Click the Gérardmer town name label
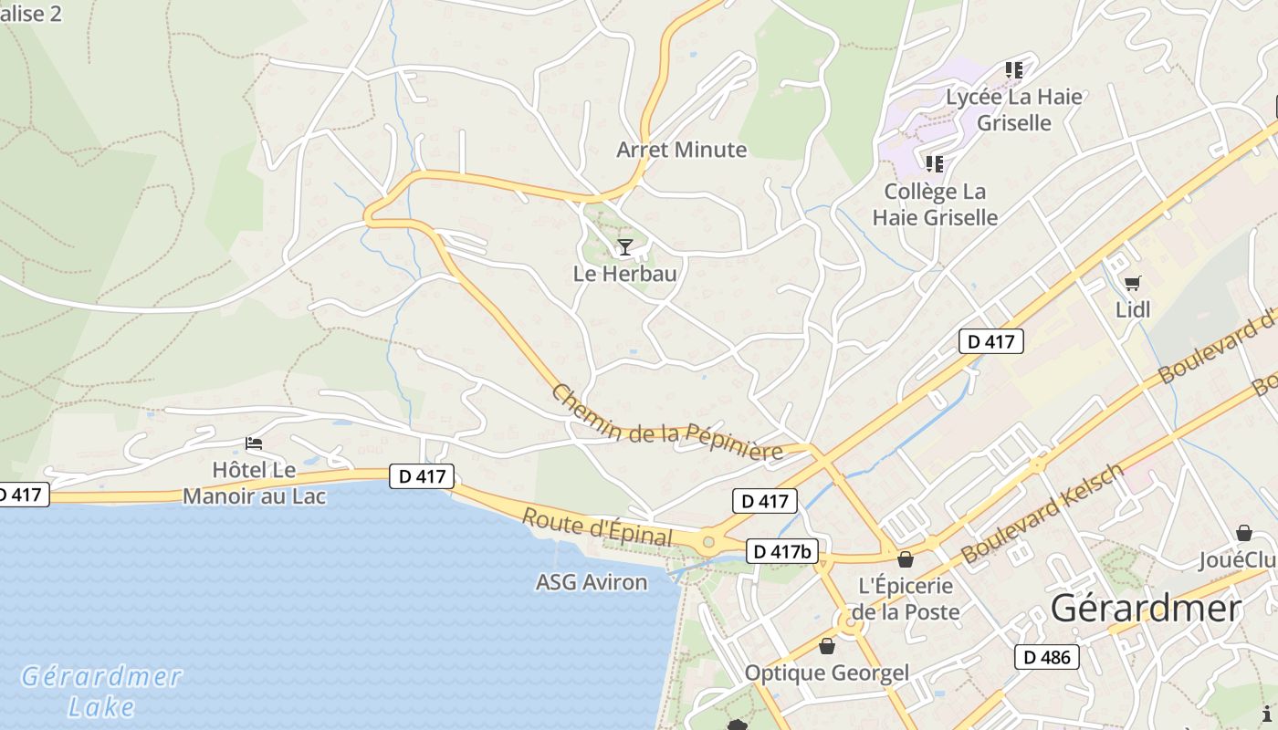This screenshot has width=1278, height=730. click(x=1146, y=609)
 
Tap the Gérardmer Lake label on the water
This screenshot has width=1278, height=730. click(x=102, y=691)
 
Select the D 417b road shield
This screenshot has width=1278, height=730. click(x=782, y=551)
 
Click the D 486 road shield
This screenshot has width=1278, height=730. click(x=1046, y=657)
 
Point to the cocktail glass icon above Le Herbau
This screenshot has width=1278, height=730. click(x=624, y=246)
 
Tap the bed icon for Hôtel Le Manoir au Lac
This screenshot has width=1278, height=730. click(x=254, y=443)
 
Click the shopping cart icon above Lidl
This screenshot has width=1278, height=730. click(x=1132, y=284)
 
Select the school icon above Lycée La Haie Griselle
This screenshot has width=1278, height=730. click(x=1013, y=69)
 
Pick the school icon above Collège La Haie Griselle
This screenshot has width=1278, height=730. click(x=934, y=164)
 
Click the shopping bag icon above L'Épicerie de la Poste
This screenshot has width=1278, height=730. click(x=905, y=559)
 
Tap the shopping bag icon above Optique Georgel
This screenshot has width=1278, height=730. click(x=827, y=646)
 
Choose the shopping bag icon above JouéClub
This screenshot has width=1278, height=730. click(x=1243, y=533)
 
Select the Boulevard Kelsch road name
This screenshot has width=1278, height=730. click(x=1042, y=513)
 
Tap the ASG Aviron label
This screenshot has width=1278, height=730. click(x=592, y=582)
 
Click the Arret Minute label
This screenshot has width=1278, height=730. click(x=681, y=150)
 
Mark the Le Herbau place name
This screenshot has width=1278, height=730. click(x=624, y=273)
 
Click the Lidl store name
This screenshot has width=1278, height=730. click(x=1133, y=310)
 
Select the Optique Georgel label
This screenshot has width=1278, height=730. click(x=827, y=673)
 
